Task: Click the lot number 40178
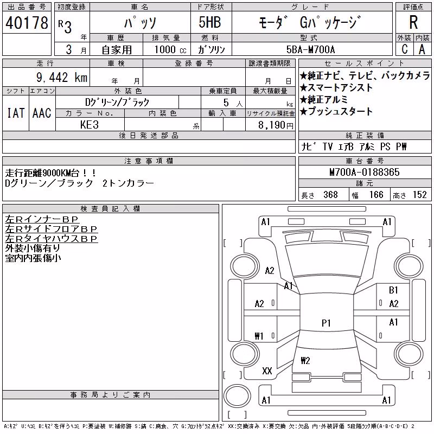click(27, 22)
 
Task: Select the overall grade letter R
click(413, 22)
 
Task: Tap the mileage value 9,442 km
click(62, 77)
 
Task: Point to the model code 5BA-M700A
click(310, 49)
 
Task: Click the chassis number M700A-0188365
click(364, 172)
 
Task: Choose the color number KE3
click(90, 125)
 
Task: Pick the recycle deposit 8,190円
click(276, 125)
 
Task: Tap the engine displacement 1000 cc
click(170, 49)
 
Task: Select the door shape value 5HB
click(210, 22)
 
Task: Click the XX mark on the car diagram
click(267, 371)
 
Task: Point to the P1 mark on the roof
click(326, 323)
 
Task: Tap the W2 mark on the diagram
click(305, 360)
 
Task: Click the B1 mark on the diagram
click(393, 290)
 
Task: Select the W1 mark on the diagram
click(259, 336)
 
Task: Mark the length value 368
click(330, 195)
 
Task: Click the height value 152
click(419, 195)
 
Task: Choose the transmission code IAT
click(16, 113)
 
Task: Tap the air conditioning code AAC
click(42, 113)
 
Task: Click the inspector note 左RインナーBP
click(42, 219)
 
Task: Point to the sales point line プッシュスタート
click(336, 111)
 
